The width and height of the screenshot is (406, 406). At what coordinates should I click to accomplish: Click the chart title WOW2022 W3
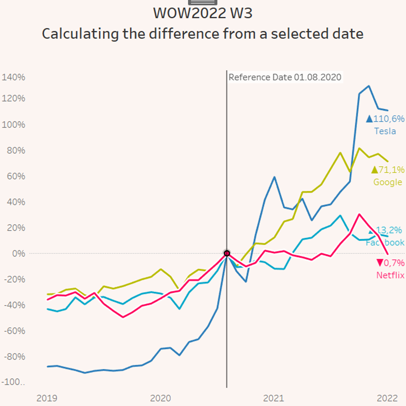click(x=203, y=13)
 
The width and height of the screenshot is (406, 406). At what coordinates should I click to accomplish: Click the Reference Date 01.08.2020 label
click(x=285, y=77)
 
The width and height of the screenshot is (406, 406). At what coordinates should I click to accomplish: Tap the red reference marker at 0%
click(x=227, y=254)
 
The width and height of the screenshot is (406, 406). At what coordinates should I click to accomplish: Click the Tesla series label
click(x=385, y=131)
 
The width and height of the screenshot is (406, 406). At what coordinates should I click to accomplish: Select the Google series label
click(x=388, y=182)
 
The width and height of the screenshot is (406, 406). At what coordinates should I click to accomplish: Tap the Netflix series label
click(x=390, y=275)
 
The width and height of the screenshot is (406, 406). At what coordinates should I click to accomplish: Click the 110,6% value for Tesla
click(x=388, y=119)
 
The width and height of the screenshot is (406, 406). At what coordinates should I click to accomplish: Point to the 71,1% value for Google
click(x=391, y=170)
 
